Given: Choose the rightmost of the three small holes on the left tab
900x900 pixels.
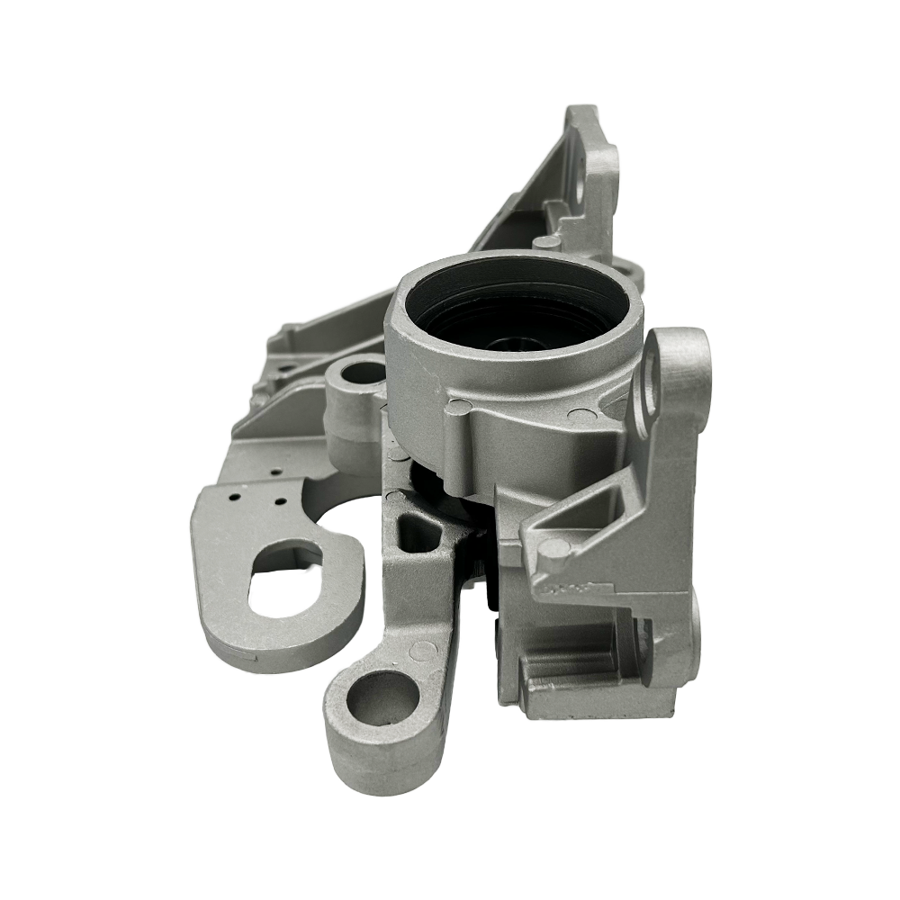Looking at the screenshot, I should (x=282, y=500).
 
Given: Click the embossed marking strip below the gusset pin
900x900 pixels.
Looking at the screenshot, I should (x=576, y=589).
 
